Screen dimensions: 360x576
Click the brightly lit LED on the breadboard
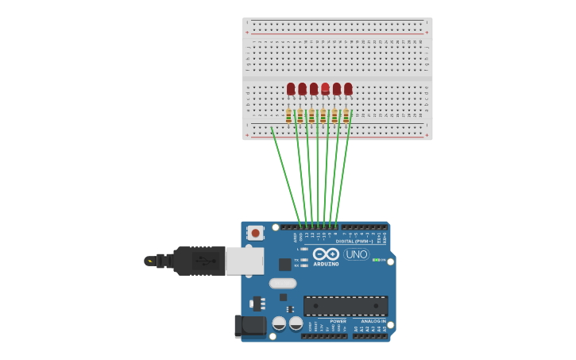pos(326,87)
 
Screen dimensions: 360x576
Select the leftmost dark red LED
pos(291,88)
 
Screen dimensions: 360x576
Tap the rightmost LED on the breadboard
pos(348,88)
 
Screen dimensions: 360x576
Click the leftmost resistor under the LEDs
pos(288,116)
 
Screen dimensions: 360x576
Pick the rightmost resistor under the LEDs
pos(346,116)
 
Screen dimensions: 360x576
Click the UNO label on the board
pos(357,254)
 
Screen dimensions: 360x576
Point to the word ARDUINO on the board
pos(327,264)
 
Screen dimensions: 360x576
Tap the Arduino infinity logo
pos(327,254)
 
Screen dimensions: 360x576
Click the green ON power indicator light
pos(376,260)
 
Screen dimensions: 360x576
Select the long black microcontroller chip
pos(346,305)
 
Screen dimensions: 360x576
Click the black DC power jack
pos(250,326)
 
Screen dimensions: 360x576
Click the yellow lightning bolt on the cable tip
pos(149,261)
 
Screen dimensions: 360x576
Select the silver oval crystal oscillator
pos(283,283)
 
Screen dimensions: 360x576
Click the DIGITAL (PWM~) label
pos(354,241)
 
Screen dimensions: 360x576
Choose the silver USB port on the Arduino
pos(245,261)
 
